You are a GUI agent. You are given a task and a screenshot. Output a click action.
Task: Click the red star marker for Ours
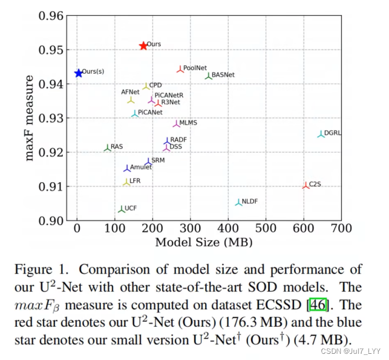pos(143,46)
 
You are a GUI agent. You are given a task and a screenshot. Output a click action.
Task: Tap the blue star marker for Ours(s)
pos(78,73)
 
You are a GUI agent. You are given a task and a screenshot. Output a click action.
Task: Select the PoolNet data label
pos(195,68)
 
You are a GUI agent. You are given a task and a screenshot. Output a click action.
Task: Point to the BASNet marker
pos(209,75)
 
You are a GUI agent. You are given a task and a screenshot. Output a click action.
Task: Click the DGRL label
pos(333,133)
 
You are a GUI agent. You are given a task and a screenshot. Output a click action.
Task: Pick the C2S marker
pos(306,185)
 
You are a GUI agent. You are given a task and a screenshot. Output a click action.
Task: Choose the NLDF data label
pos(250,201)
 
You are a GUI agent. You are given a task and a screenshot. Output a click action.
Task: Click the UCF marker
pos(121,209)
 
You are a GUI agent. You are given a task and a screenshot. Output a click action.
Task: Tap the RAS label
pos(116,147)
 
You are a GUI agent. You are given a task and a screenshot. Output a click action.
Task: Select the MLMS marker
pos(176,123)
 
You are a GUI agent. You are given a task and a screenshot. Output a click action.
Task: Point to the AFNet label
pos(130,92)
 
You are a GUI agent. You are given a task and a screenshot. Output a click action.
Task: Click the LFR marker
pos(126,182)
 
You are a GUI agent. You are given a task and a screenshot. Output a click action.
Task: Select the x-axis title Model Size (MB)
pos(203,242)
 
